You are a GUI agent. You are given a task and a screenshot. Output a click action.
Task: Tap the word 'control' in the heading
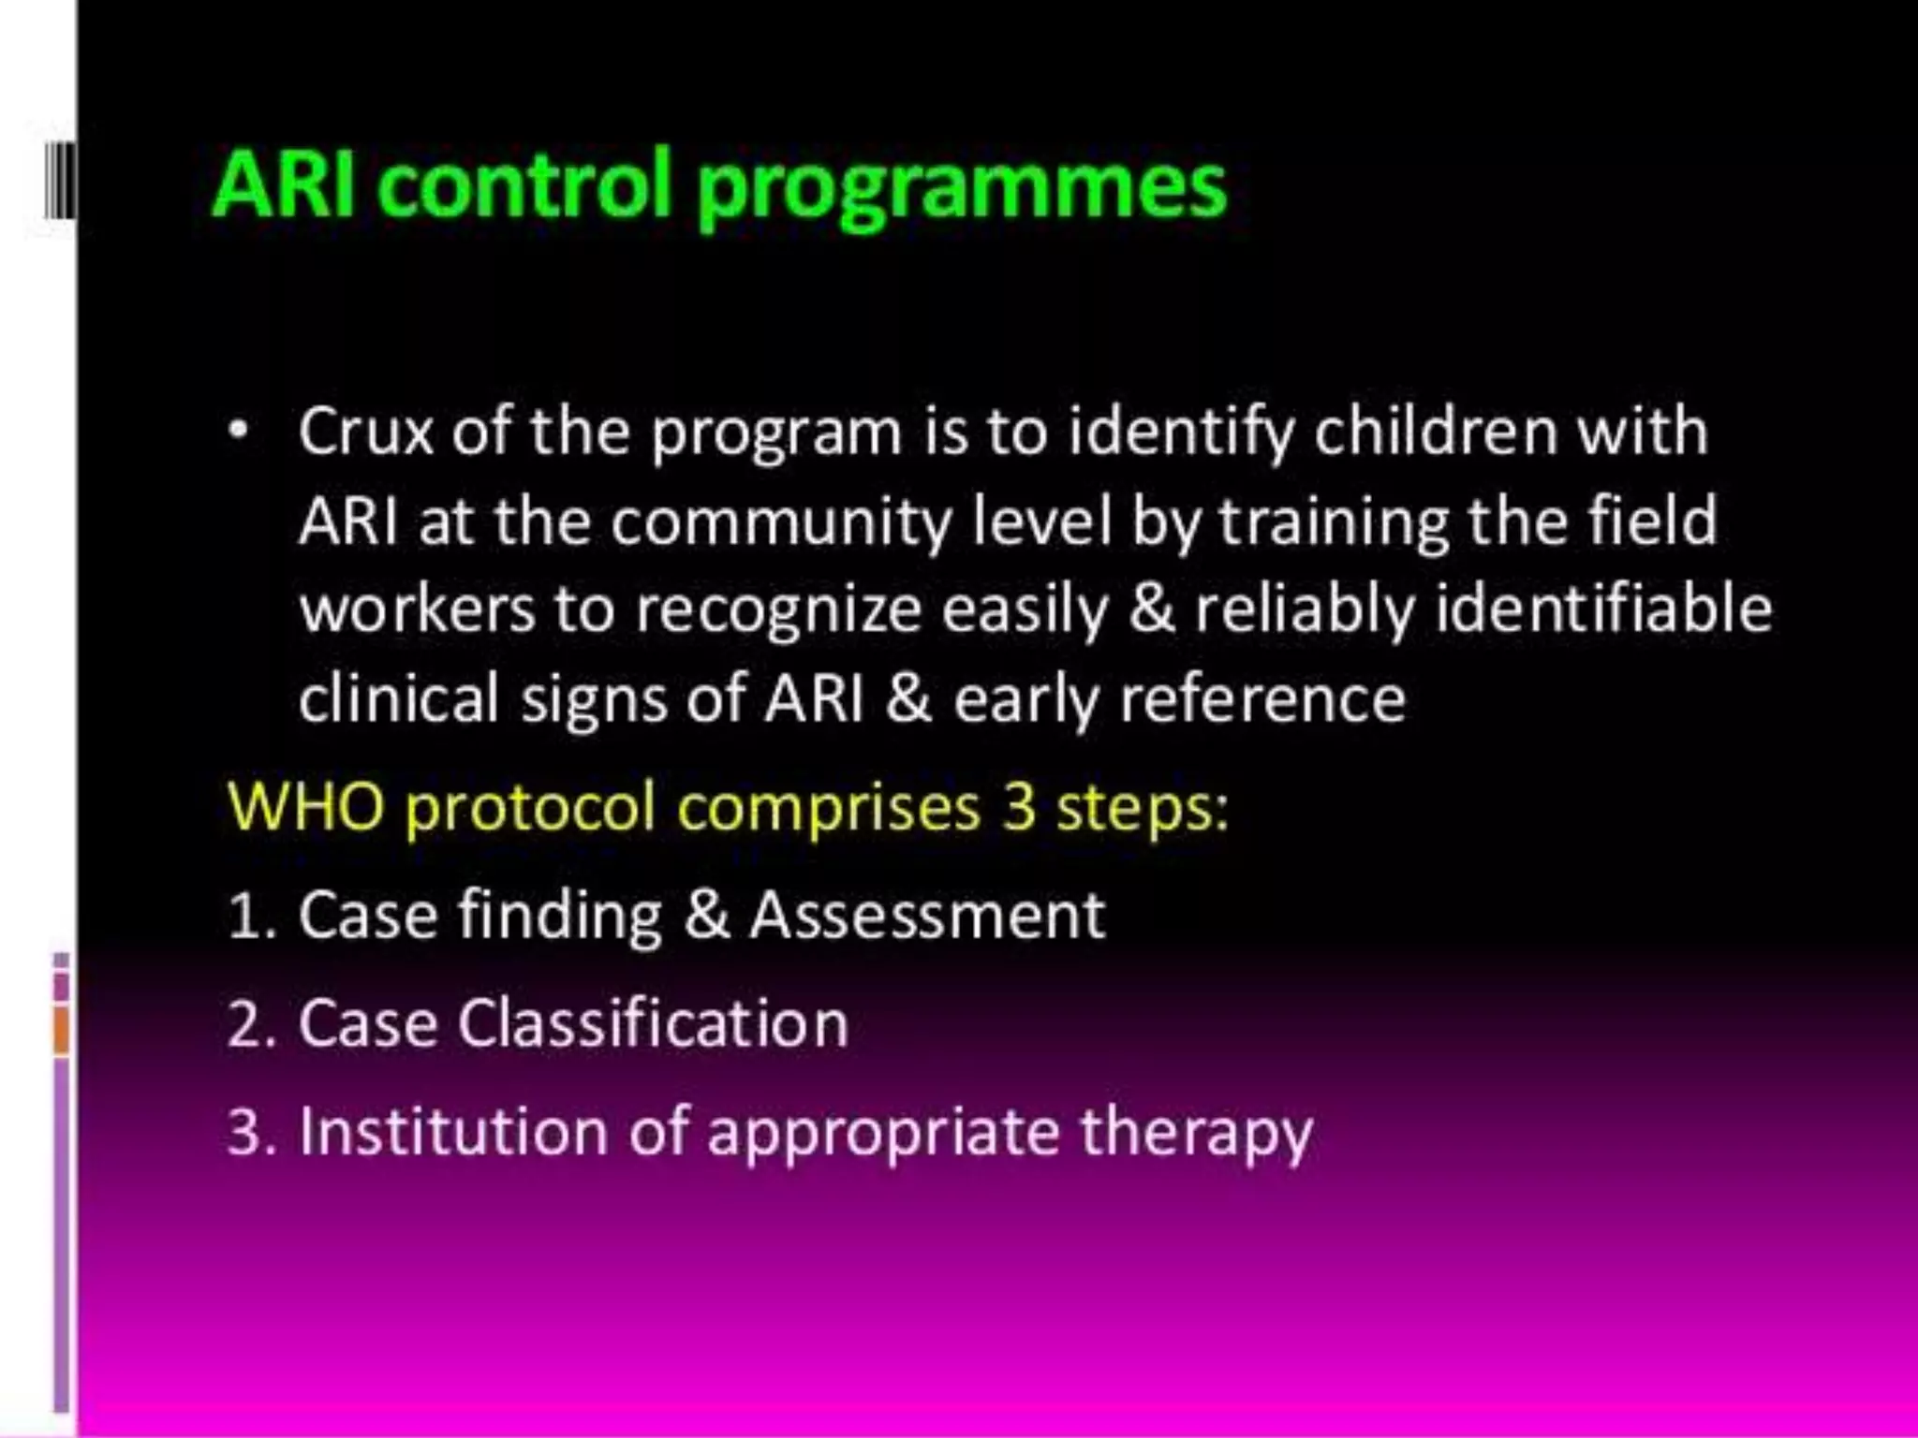tap(525, 184)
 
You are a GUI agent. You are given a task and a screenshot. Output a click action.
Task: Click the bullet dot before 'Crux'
tap(240, 432)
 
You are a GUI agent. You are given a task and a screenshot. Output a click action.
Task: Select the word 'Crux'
tap(366, 432)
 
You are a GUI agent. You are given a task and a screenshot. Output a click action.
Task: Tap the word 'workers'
tap(417, 610)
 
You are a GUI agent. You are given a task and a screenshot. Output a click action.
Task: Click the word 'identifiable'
tap(1602, 610)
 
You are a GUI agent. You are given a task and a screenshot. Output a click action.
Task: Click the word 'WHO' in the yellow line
tap(305, 806)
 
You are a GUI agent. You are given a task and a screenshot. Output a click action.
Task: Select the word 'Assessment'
tap(927, 915)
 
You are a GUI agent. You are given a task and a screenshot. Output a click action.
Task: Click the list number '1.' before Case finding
tap(251, 917)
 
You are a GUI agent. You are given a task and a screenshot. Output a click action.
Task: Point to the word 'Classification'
tap(653, 1022)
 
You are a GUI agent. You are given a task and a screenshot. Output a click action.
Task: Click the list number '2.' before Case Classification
tap(251, 1024)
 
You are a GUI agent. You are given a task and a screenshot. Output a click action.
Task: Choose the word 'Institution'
tap(453, 1131)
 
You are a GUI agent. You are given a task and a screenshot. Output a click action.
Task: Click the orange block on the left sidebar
tap(62, 1029)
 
